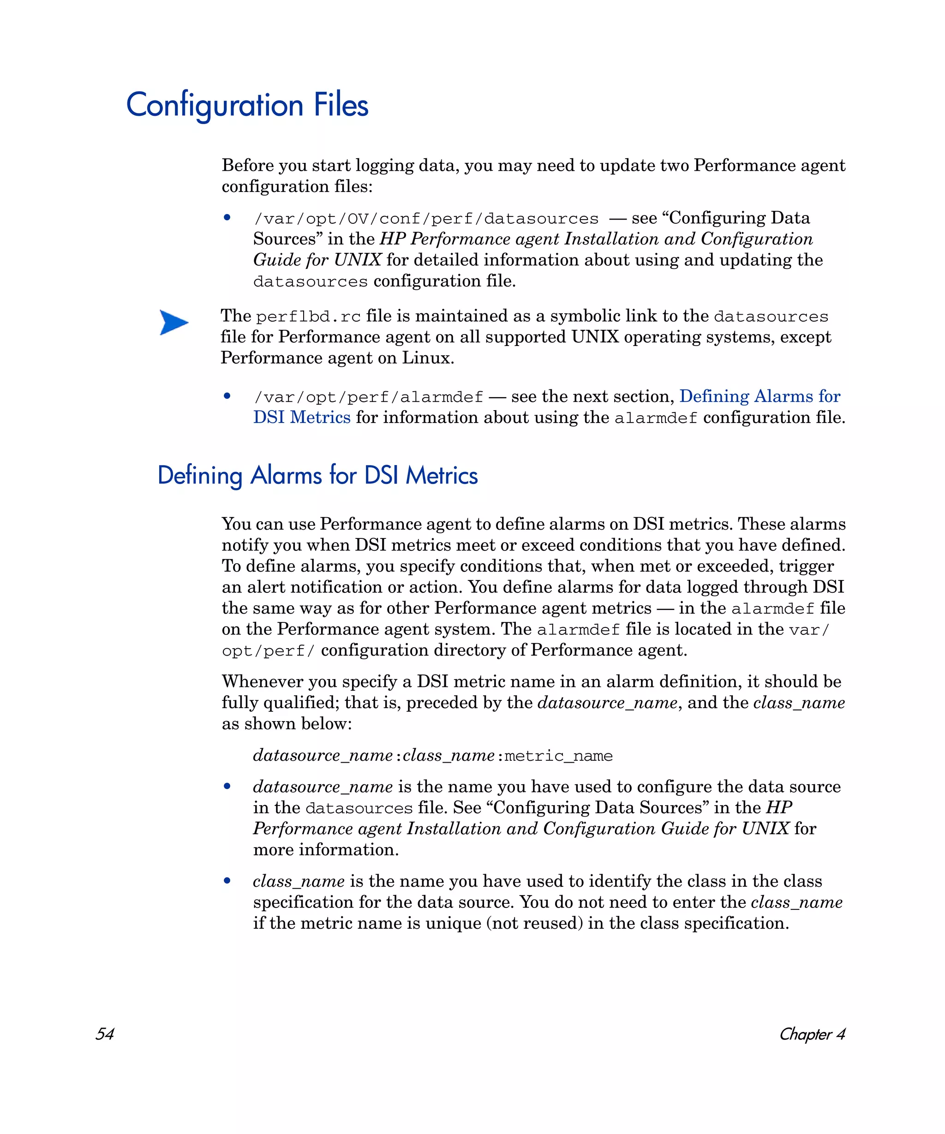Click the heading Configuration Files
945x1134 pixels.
(247, 105)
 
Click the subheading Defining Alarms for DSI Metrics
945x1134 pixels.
(317, 476)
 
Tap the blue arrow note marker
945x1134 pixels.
(174, 322)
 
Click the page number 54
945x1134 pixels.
(104, 1033)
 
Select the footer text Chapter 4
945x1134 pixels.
(812, 1033)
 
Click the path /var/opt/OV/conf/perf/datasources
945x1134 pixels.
(426, 219)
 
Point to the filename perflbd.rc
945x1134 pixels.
(308, 316)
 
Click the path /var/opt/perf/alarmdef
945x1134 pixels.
(368, 397)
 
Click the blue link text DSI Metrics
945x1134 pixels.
(302, 418)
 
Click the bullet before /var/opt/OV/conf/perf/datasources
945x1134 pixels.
(227, 218)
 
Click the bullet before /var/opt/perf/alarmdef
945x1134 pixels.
(227, 396)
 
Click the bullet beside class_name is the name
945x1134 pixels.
(227, 881)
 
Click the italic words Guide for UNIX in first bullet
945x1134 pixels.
(317, 260)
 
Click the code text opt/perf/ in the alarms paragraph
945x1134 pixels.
(268, 651)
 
